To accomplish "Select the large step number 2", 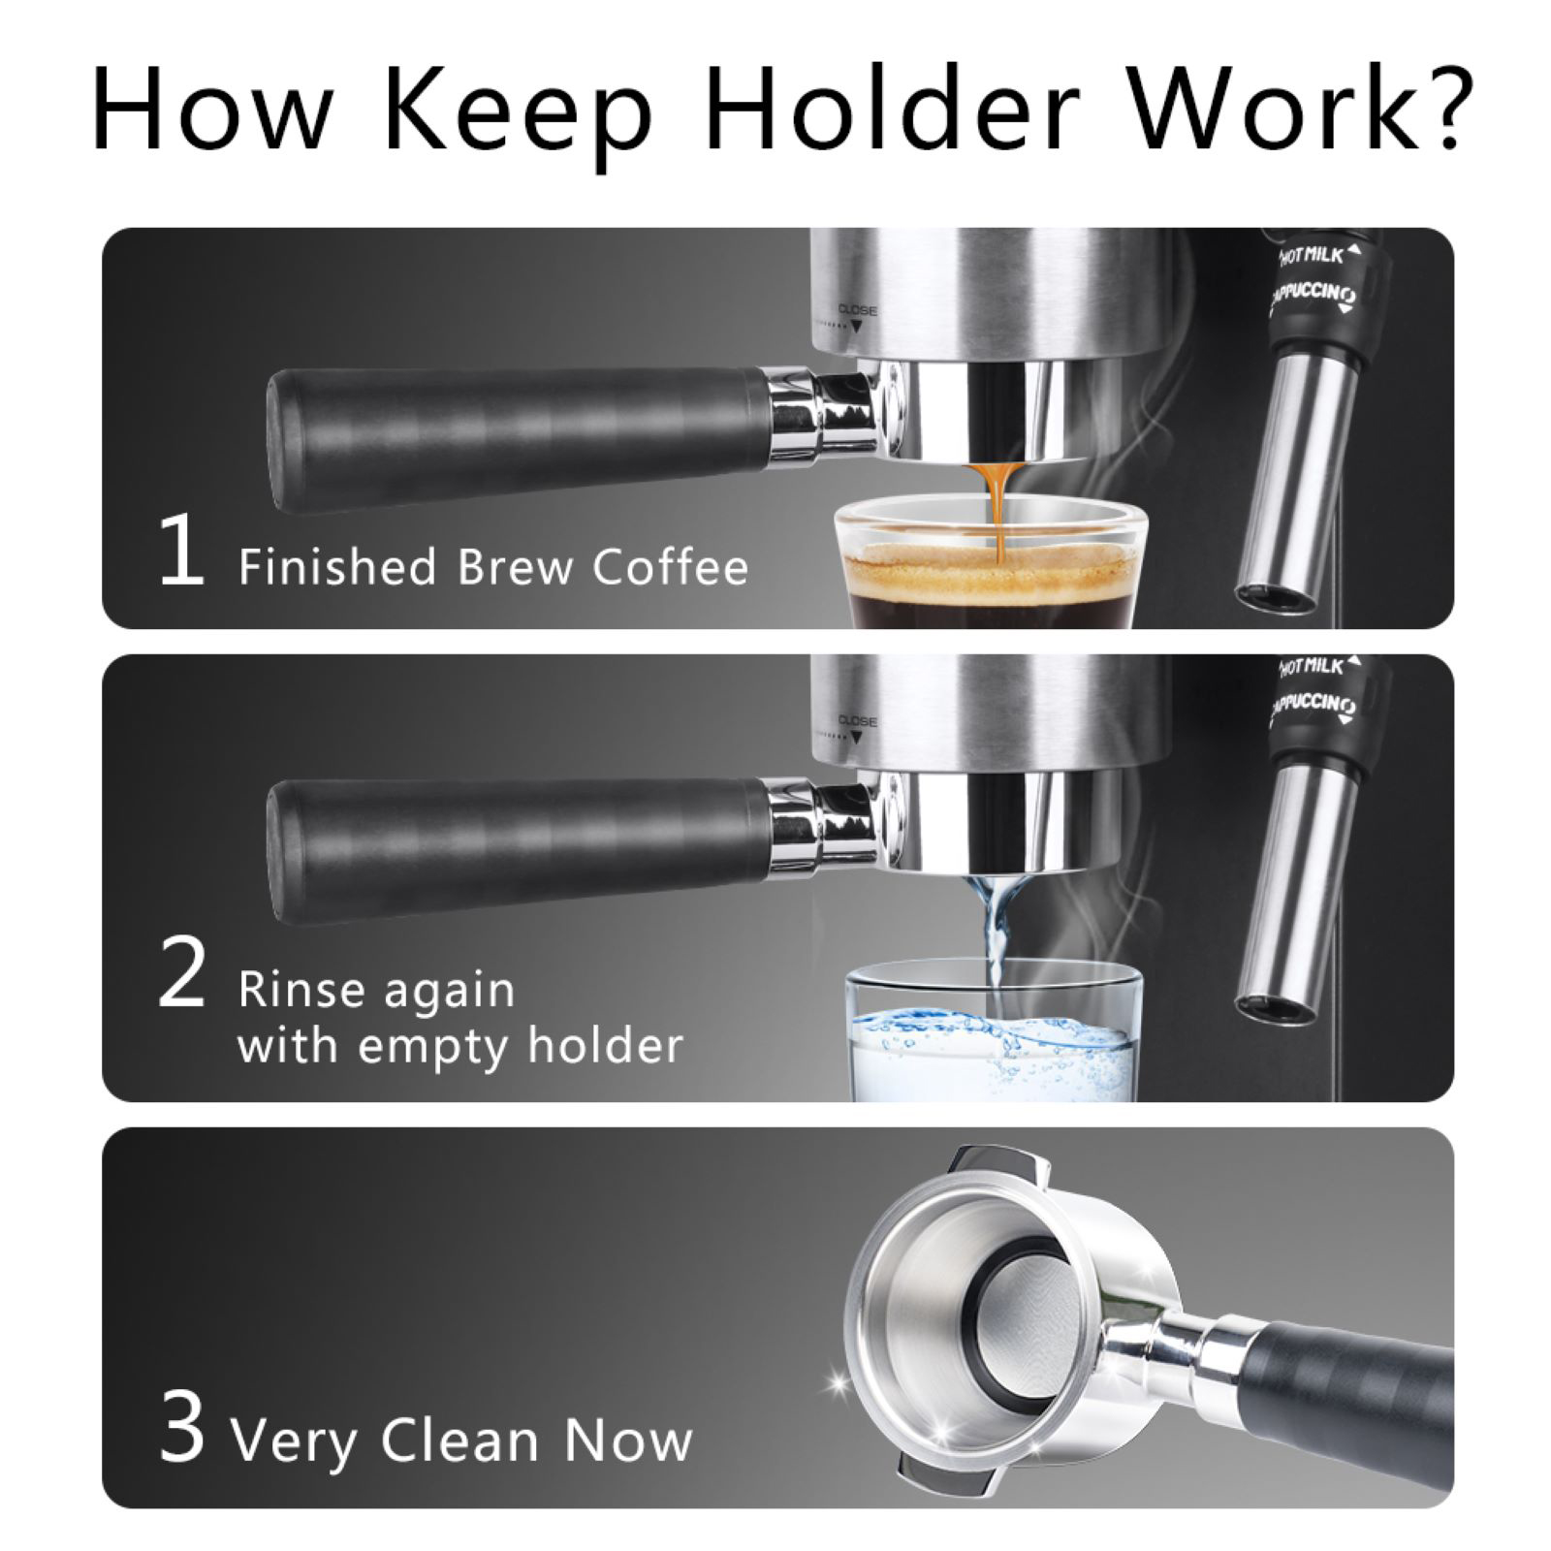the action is pyautogui.click(x=181, y=976).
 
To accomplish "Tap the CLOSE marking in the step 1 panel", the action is pyautogui.click(x=858, y=311).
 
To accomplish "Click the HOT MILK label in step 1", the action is pyautogui.click(x=1314, y=255).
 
